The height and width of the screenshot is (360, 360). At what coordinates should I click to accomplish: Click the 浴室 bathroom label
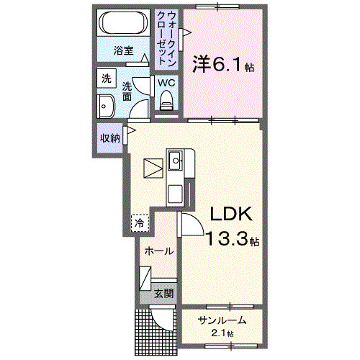(x=124, y=51)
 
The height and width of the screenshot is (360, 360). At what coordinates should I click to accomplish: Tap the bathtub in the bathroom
(x=125, y=24)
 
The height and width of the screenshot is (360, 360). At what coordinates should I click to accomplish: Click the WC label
(x=167, y=81)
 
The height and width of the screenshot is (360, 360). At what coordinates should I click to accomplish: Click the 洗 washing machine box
(x=107, y=78)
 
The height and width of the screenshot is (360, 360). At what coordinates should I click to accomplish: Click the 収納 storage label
(x=109, y=137)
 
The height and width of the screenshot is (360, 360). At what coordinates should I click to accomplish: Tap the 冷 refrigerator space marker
(x=138, y=222)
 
